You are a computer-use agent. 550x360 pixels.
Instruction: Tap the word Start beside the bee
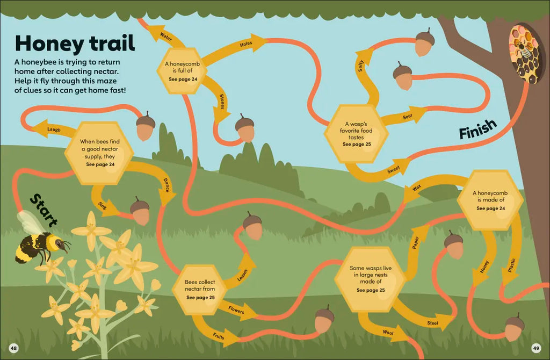(x=44, y=210)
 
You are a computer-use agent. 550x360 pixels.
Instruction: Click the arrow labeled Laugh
(x=53, y=128)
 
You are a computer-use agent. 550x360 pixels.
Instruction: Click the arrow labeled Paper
(x=415, y=252)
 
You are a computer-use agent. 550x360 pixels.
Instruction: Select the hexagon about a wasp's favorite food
(x=356, y=134)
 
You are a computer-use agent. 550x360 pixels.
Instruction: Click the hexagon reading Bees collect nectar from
(x=200, y=290)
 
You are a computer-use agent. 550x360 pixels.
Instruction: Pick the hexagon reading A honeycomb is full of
(x=182, y=71)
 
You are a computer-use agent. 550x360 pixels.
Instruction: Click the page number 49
(x=535, y=348)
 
